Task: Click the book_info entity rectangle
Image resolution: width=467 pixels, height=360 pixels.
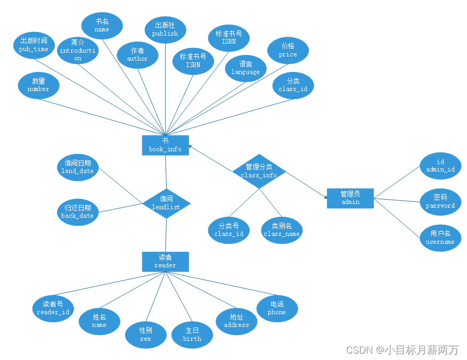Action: point(165,145)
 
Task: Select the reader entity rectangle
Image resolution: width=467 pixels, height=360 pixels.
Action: point(165,261)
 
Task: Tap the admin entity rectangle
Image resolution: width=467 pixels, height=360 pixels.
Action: point(350,198)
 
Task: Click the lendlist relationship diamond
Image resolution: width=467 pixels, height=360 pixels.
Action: point(166,203)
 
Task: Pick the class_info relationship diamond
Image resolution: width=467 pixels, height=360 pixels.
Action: point(259,171)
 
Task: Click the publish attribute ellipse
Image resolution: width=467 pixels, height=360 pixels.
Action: point(165,29)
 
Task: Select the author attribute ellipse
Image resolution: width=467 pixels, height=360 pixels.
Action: point(137,55)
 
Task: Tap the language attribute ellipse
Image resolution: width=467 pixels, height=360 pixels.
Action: point(245,68)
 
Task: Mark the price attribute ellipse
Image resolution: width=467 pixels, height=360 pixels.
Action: point(288,51)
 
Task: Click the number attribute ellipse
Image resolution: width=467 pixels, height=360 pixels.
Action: point(38,85)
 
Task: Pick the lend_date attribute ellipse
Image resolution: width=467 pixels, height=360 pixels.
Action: point(78,167)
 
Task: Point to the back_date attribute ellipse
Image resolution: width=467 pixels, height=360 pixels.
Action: point(78,212)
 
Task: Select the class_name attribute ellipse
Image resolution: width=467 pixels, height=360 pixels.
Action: point(282,230)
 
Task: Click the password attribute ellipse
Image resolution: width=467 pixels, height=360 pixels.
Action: point(440,201)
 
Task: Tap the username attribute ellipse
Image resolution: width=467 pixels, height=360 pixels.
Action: point(440,238)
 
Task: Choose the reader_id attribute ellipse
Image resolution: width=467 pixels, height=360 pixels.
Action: point(53,308)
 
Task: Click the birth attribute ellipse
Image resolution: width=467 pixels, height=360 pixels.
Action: point(192,334)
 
